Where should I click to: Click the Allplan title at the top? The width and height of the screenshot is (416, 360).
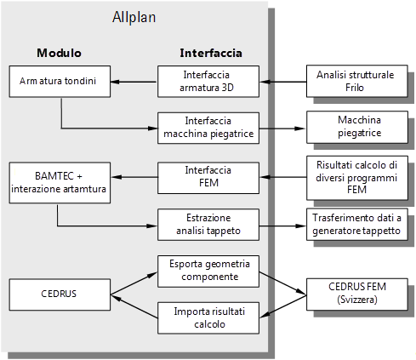tap(134, 18)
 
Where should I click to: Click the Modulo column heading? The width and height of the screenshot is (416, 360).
tap(59, 53)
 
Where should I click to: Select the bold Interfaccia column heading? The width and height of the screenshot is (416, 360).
tap(211, 53)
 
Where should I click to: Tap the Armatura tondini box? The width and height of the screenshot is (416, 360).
tap(60, 82)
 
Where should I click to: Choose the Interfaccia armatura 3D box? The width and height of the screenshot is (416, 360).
tap(208, 82)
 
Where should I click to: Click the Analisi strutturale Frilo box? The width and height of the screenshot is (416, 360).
tap(357, 81)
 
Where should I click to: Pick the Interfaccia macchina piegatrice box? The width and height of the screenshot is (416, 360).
tap(208, 128)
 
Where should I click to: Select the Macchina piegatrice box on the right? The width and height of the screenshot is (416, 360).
tap(357, 127)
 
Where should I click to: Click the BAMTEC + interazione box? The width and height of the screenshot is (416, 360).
tap(60, 183)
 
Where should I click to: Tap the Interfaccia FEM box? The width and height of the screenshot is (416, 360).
tap(208, 178)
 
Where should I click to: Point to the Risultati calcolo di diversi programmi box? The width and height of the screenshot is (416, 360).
tap(357, 178)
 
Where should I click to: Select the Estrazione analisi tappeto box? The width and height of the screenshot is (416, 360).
tap(208, 225)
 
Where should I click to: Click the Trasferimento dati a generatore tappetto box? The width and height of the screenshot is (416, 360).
tap(357, 225)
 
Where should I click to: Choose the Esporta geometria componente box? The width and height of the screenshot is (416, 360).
tap(208, 271)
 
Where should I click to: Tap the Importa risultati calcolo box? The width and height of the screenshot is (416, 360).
tap(208, 317)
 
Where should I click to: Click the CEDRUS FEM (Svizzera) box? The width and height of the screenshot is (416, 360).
tap(357, 294)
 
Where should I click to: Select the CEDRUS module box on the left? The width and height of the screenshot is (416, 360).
tap(60, 294)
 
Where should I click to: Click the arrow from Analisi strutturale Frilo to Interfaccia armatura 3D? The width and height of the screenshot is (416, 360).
tap(283, 82)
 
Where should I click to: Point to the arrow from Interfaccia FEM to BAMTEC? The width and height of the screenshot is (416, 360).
tap(134, 177)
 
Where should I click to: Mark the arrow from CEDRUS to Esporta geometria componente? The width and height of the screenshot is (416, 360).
tap(134, 283)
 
